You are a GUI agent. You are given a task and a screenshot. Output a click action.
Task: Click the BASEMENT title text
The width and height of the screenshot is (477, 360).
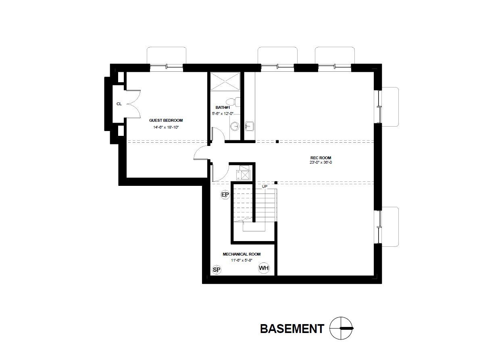tap(292, 329)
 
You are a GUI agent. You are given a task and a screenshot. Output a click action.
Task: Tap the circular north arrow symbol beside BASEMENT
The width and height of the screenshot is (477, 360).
tap(341, 329)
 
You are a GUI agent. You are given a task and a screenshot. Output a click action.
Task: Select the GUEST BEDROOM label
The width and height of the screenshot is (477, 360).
tap(166, 120)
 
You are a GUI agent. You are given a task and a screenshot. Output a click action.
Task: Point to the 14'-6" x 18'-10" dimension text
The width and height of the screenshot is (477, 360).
tap(166, 127)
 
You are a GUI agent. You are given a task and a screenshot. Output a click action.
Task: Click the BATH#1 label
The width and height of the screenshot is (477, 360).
tap(223, 107)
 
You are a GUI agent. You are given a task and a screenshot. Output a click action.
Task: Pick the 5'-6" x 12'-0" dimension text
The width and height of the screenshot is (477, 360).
tap(223, 114)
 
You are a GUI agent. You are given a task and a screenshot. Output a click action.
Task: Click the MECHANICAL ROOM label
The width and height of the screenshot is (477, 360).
tap(242, 254)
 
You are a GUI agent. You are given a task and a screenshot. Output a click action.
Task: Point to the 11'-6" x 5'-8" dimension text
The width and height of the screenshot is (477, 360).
tap(242, 260)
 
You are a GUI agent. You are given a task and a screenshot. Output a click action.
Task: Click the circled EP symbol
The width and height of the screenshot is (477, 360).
tap(225, 195)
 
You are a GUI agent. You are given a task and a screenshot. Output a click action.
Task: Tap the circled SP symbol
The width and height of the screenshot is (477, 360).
tap(217, 270)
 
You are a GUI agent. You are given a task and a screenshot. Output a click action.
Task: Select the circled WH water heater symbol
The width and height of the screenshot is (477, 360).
tap(264, 268)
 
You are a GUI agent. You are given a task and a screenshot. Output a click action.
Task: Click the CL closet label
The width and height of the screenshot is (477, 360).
tap(119, 104)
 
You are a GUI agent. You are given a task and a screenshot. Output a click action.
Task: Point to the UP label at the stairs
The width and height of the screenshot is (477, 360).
tap(265, 186)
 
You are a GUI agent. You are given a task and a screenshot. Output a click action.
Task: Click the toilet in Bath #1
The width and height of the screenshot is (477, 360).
tap(231, 102)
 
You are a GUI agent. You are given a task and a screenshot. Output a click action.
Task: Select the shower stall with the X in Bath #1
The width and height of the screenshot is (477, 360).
tap(225, 82)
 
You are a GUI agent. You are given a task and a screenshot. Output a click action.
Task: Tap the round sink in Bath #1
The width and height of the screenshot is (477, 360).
tap(235, 127)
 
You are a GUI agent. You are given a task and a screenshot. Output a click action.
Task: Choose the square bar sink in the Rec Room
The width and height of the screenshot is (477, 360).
tap(249, 127)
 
